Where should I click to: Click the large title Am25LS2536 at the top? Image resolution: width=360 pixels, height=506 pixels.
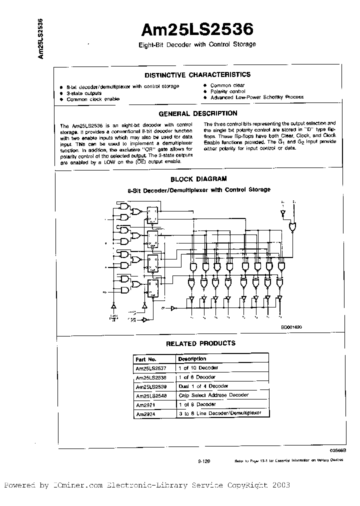197,30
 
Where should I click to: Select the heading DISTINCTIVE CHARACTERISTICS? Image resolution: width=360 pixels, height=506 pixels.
197,75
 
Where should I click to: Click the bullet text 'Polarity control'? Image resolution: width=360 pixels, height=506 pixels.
227,91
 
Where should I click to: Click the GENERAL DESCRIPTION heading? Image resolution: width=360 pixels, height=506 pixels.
197,113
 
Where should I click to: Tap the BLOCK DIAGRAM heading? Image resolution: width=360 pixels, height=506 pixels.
198,178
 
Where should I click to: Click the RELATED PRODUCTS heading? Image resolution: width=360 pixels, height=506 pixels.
200,343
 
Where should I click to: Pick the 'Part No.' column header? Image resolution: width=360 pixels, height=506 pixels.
146,359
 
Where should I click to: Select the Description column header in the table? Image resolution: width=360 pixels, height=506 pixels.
192,359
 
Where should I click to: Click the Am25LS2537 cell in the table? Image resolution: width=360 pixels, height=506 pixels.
151,368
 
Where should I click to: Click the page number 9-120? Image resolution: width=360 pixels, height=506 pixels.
204,462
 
